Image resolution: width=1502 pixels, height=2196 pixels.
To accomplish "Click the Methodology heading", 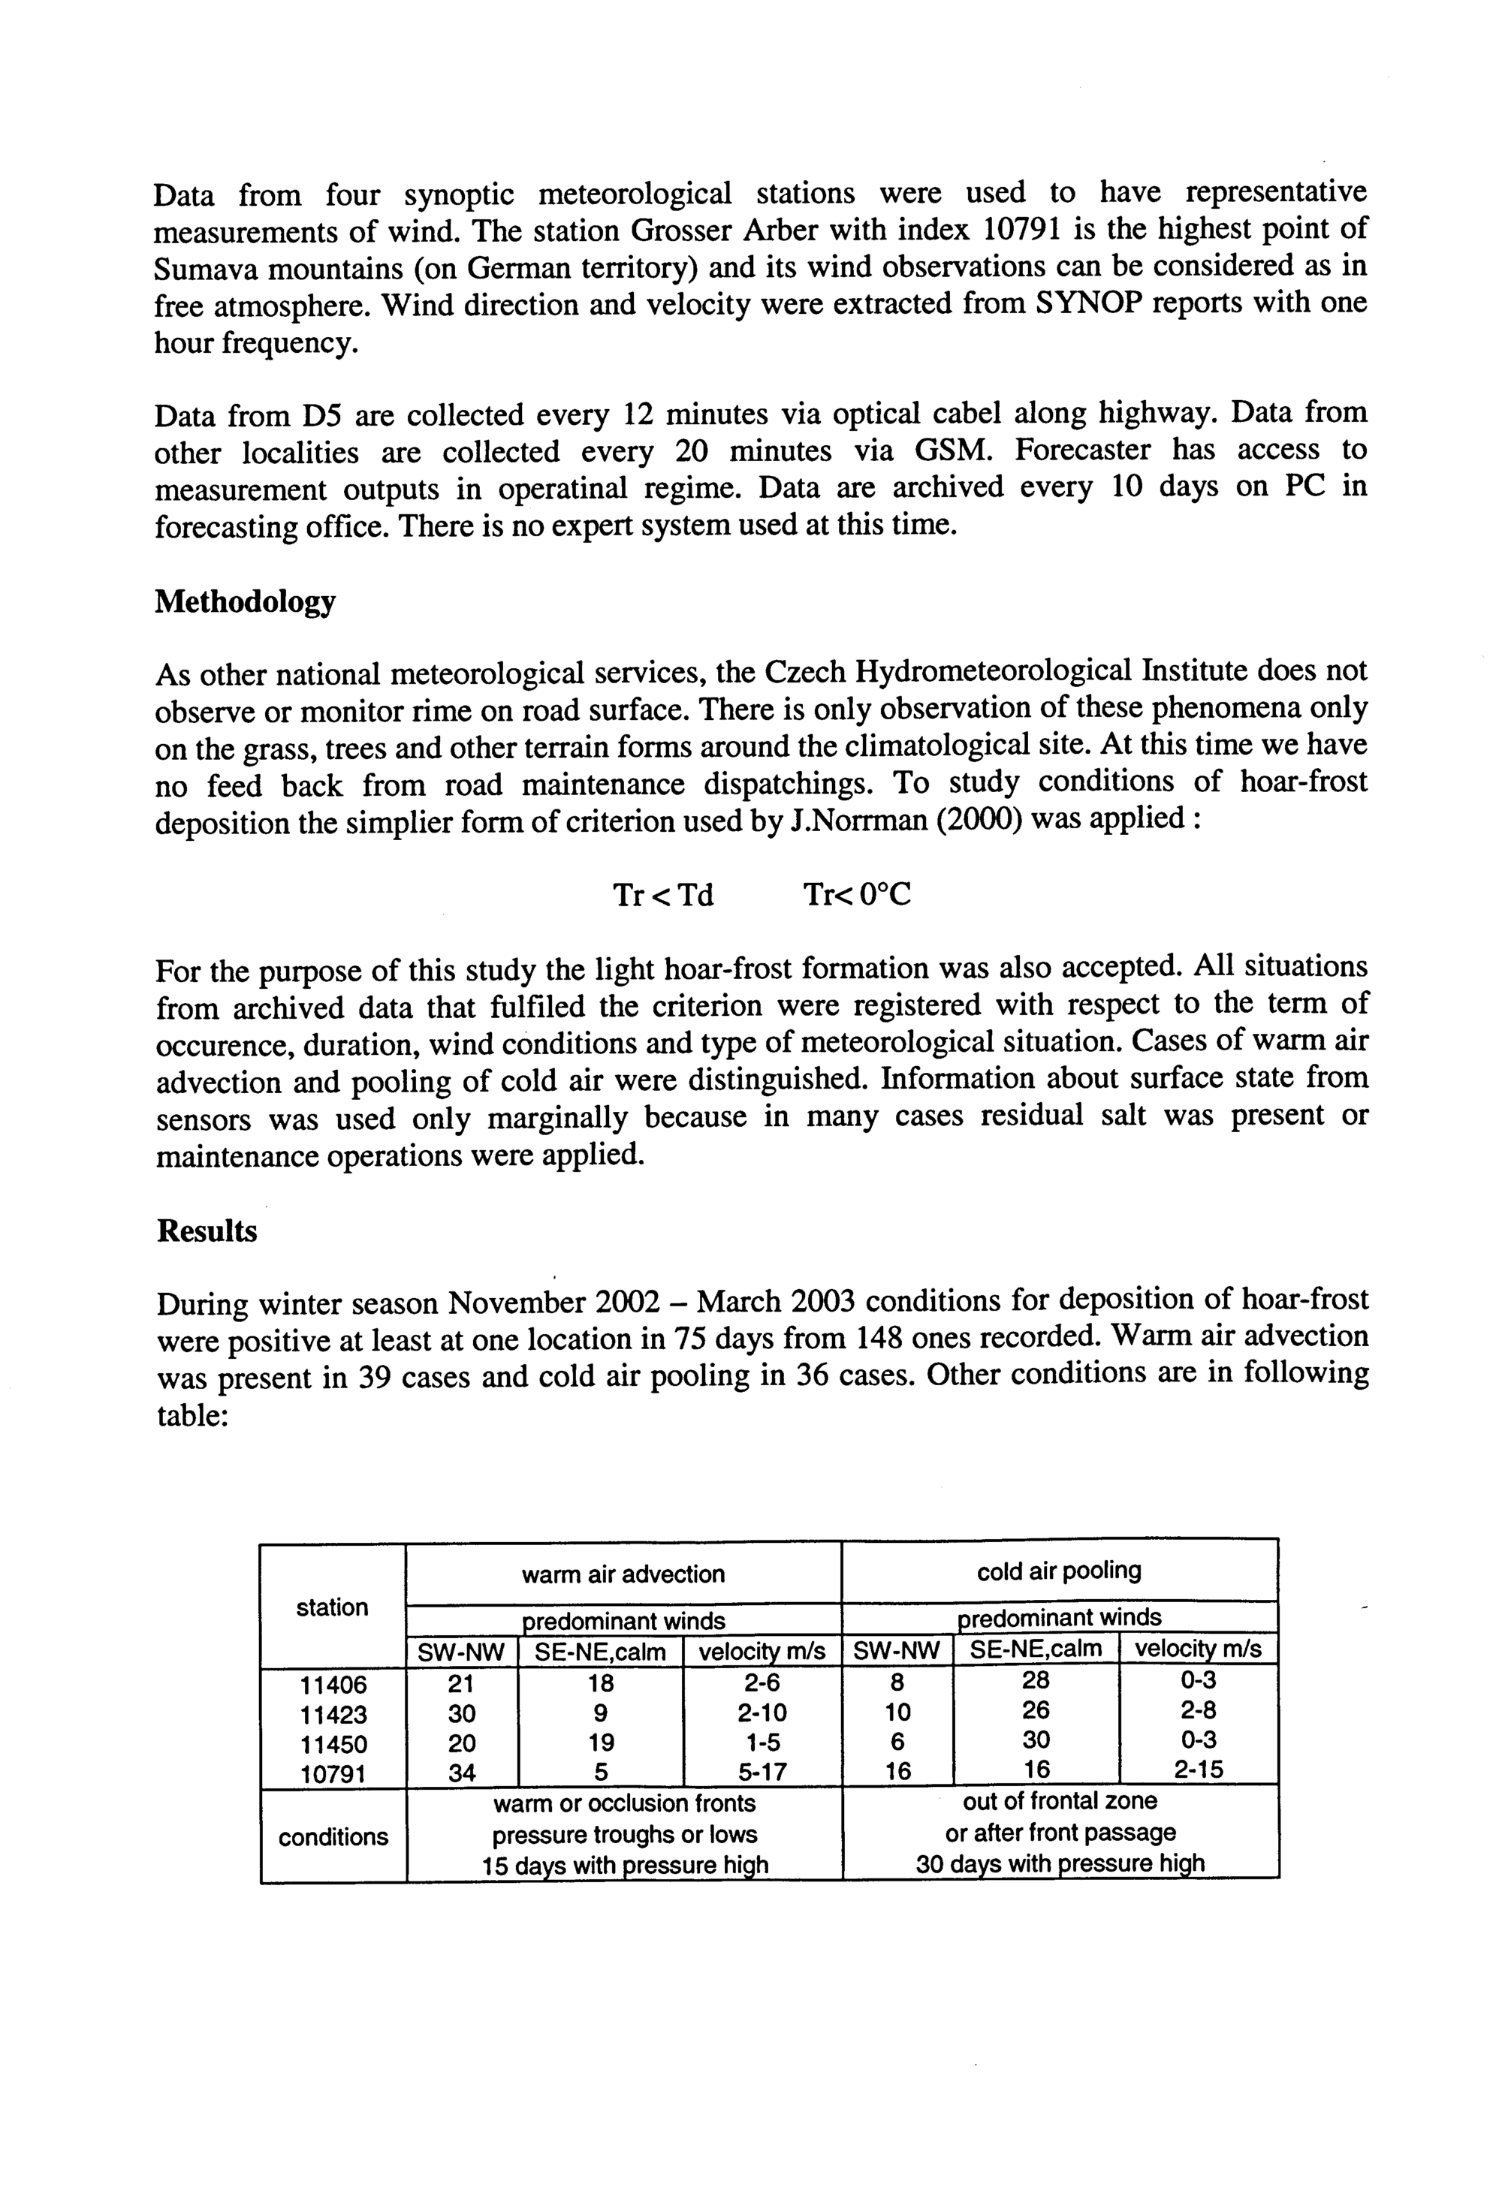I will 244,601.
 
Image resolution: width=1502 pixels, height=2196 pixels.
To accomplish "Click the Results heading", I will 206,1231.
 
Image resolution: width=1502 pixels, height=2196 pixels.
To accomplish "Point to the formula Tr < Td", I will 662,894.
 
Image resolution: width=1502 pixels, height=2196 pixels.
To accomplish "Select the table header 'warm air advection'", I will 623,1574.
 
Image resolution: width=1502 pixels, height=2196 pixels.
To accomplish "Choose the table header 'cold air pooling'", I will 1059,1571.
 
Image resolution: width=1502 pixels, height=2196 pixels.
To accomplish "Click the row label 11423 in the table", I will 333,1714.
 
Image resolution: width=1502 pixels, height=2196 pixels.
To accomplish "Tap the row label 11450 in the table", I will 333,1743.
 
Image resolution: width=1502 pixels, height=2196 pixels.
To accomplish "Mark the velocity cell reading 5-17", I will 762,1773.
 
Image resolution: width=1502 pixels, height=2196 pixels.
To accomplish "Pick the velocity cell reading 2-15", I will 1198,1770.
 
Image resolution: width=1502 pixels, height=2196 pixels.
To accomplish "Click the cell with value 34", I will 461,1773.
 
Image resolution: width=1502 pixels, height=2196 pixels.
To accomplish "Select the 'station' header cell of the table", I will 332,1607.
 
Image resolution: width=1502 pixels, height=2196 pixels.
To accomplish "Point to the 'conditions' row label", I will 333,1837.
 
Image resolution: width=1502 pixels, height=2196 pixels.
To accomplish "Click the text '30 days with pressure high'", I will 1060,1864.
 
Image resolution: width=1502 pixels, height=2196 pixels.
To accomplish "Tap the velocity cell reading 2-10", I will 762,1713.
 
